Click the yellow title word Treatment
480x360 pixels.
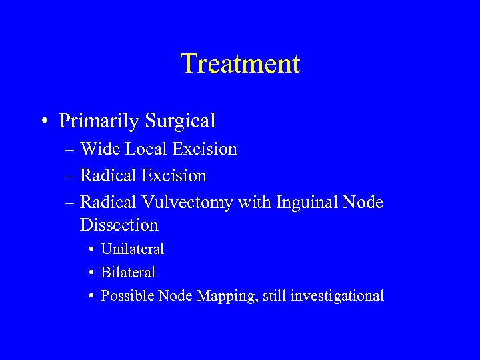pyautogui.click(x=240, y=64)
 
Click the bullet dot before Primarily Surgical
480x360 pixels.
pyautogui.click(x=43, y=121)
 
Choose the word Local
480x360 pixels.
pyautogui.click(x=142, y=149)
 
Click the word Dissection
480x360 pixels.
pyautogui.click(x=119, y=225)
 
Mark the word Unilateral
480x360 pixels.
pyautogui.click(x=132, y=249)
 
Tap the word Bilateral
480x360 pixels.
pyautogui.click(x=127, y=273)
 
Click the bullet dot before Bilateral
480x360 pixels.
pyautogui.click(x=91, y=273)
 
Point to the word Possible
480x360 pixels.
pyautogui.click(x=127, y=295)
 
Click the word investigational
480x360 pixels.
pyautogui.click(x=337, y=296)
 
